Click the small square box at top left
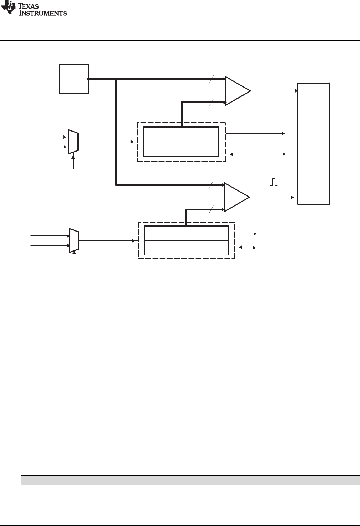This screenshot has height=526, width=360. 74,79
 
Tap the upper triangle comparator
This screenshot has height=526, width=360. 236,91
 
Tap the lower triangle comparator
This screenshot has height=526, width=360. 236,197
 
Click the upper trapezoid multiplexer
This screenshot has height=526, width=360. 73,142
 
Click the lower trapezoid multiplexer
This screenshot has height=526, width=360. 74,240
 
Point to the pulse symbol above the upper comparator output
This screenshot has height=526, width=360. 275,76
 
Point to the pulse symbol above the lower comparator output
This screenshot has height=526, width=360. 274,182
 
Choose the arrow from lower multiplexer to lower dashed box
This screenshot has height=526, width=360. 107,240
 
